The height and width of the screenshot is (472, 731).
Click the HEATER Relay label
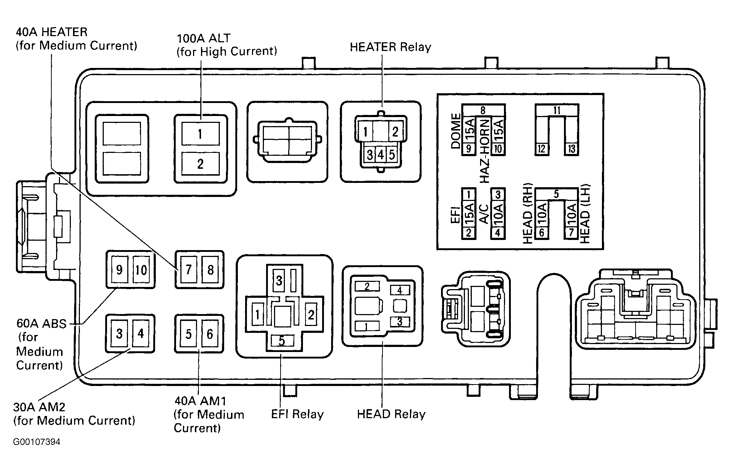point(390,47)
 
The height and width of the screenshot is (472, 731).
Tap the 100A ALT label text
point(204,38)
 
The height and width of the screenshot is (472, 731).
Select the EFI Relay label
point(297,414)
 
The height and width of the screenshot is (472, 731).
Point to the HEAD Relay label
point(391,414)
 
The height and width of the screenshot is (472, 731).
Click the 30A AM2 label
point(39,407)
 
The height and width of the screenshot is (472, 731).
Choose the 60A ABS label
point(42,323)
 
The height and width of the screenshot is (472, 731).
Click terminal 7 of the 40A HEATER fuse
point(188,270)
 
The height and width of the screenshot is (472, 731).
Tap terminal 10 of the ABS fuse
point(141,270)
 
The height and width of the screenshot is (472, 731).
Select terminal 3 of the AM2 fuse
point(119,334)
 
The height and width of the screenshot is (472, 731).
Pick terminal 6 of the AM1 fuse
point(210,334)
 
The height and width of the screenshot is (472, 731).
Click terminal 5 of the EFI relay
point(282,341)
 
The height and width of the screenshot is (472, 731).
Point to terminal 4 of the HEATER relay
point(381,155)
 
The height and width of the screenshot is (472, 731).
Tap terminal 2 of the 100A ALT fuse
point(200,164)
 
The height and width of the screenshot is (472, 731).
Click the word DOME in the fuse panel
point(456,131)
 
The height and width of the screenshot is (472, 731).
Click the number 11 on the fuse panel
point(557,110)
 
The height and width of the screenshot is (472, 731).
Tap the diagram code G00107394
point(37,442)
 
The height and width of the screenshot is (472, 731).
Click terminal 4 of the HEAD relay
point(399,290)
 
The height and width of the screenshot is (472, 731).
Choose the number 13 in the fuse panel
point(572,149)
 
